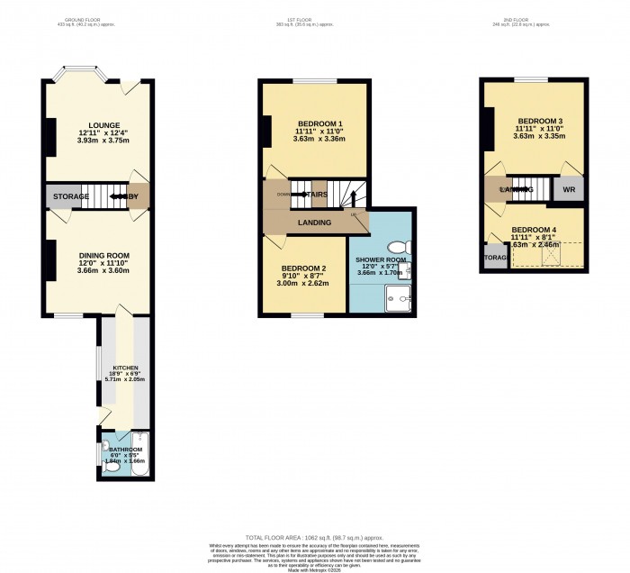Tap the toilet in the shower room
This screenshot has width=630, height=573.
(x=397, y=247)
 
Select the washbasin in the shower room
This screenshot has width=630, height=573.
(x=409, y=269)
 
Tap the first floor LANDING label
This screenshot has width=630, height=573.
(x=314, y=223)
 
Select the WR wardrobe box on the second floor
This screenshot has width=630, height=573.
(x=569, y=190)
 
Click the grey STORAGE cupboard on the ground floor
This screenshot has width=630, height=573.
(x=70, y=196)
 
